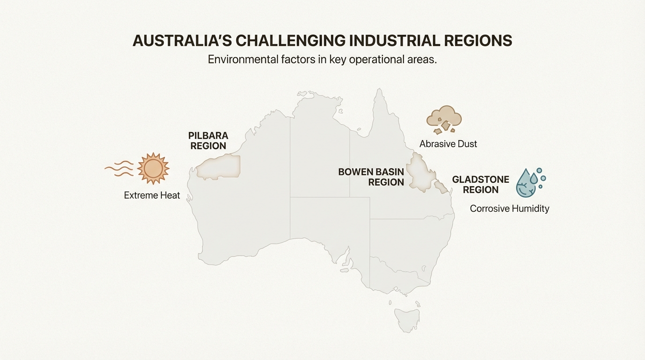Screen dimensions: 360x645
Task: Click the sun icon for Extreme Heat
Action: (x=153, y=168)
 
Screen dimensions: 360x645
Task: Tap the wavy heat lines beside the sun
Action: (x=119, y=168)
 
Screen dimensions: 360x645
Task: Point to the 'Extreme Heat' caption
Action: (x=152, y=195)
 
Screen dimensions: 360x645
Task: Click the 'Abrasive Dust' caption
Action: (x=448, y=144)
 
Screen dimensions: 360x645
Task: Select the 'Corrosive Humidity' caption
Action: (x=509, y=209)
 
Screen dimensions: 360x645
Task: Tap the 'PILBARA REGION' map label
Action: (x=208, y=141)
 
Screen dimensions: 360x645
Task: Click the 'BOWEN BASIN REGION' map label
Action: (x=371, y=177)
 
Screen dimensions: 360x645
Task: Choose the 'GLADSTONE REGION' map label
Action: (x=480, y=184)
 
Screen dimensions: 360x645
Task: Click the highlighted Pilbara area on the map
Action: (x=219, y=167)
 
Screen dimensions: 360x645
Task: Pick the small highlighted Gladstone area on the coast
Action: (x=441, y=187)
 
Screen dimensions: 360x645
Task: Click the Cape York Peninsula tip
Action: (x=379, y=91)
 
